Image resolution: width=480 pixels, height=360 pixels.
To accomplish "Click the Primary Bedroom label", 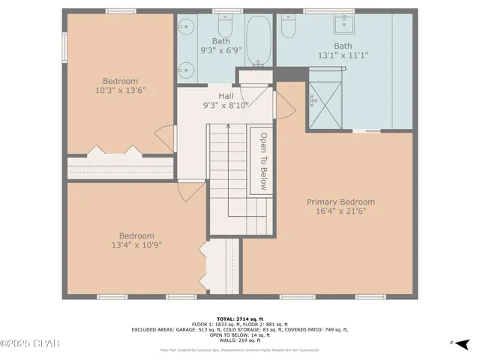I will tap(340, 202).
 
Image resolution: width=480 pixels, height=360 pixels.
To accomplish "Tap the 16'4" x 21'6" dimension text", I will tap(340, 211).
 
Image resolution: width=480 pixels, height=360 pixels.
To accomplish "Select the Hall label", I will tap(225, 96).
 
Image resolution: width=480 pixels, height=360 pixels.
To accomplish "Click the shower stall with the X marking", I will tap(323, 97).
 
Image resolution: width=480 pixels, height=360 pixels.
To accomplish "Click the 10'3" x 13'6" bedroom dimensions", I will tap(120, 90).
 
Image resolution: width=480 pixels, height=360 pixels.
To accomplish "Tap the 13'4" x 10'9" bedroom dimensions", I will tap(136, 244).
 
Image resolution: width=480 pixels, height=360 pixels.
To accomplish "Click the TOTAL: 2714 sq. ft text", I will tap(239, 317).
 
